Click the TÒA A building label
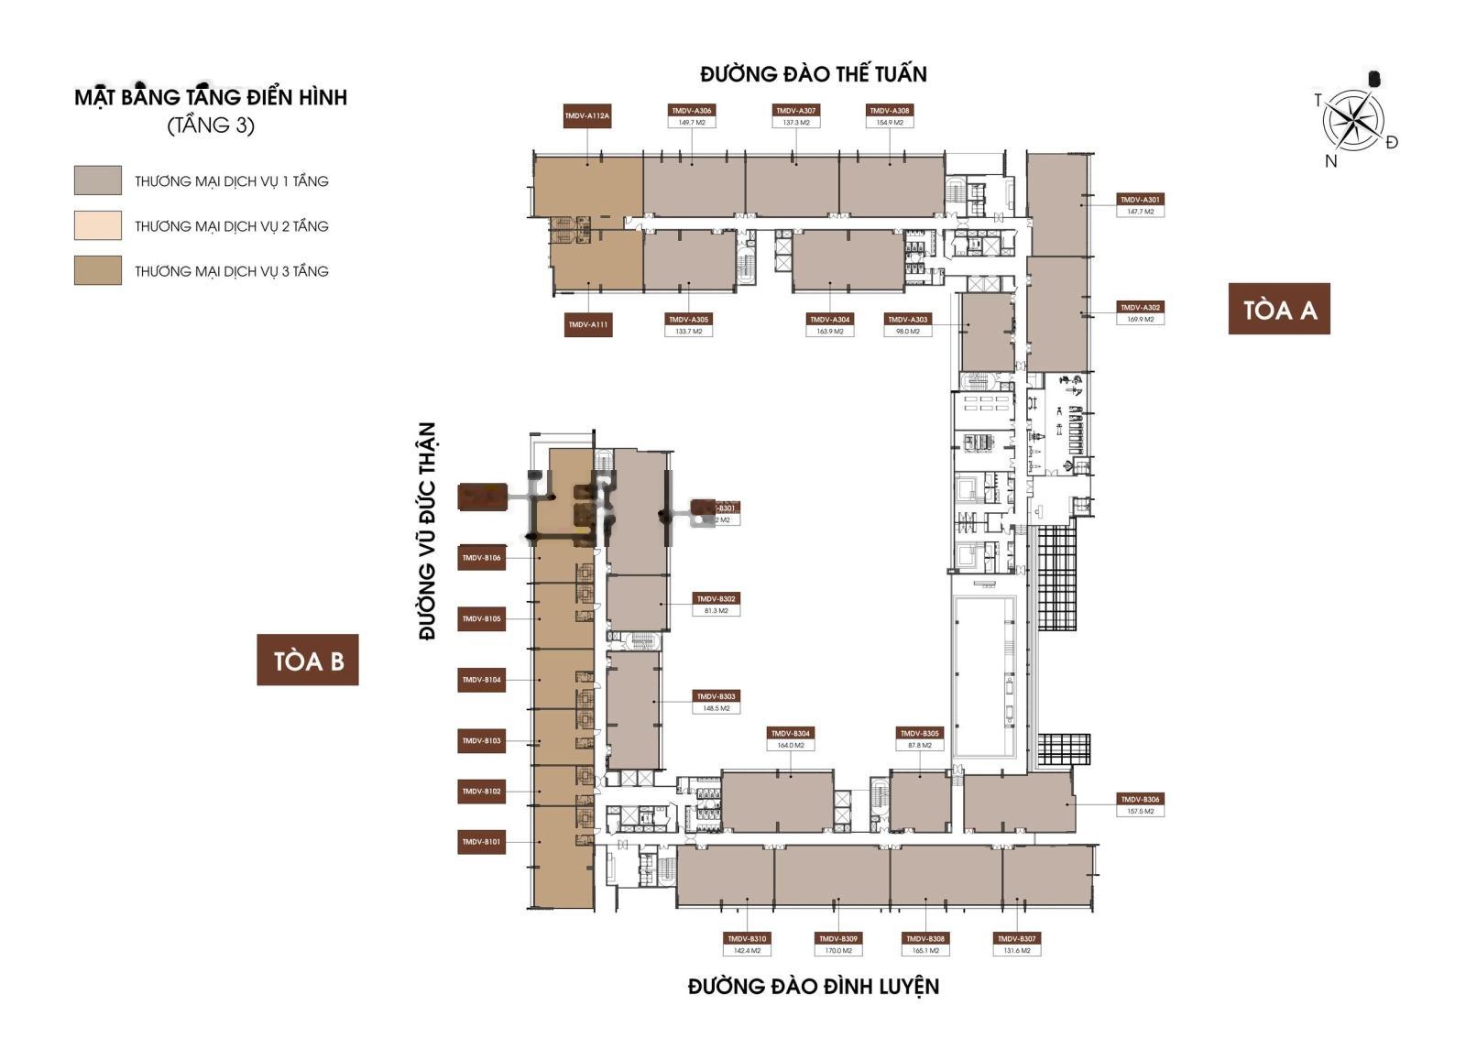(x=1278, y=310)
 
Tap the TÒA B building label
(x=308, y=660)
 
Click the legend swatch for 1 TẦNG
(x=98, y=180)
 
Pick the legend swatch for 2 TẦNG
(x=98, y=225)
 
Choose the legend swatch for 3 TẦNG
(x=98, y=270)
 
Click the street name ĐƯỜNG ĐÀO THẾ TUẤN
(x=813, y=74)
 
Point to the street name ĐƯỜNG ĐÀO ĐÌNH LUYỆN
(x=813, y=987)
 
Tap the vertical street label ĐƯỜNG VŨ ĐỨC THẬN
(x=427, y=531)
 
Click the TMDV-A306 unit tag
(x=692, y=110)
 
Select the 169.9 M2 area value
(x=1140, y=320)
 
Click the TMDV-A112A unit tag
(x=587, y=116)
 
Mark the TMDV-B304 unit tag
(x=790, y=733)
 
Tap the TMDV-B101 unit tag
(x=481, y=841)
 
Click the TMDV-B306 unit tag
(x=1141, y=799)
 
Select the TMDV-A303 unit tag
(x=908, y=320)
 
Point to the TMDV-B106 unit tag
(x=481, y=558)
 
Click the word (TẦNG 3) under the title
(x=211, y=126)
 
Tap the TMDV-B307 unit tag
(x=1016, y=939)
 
